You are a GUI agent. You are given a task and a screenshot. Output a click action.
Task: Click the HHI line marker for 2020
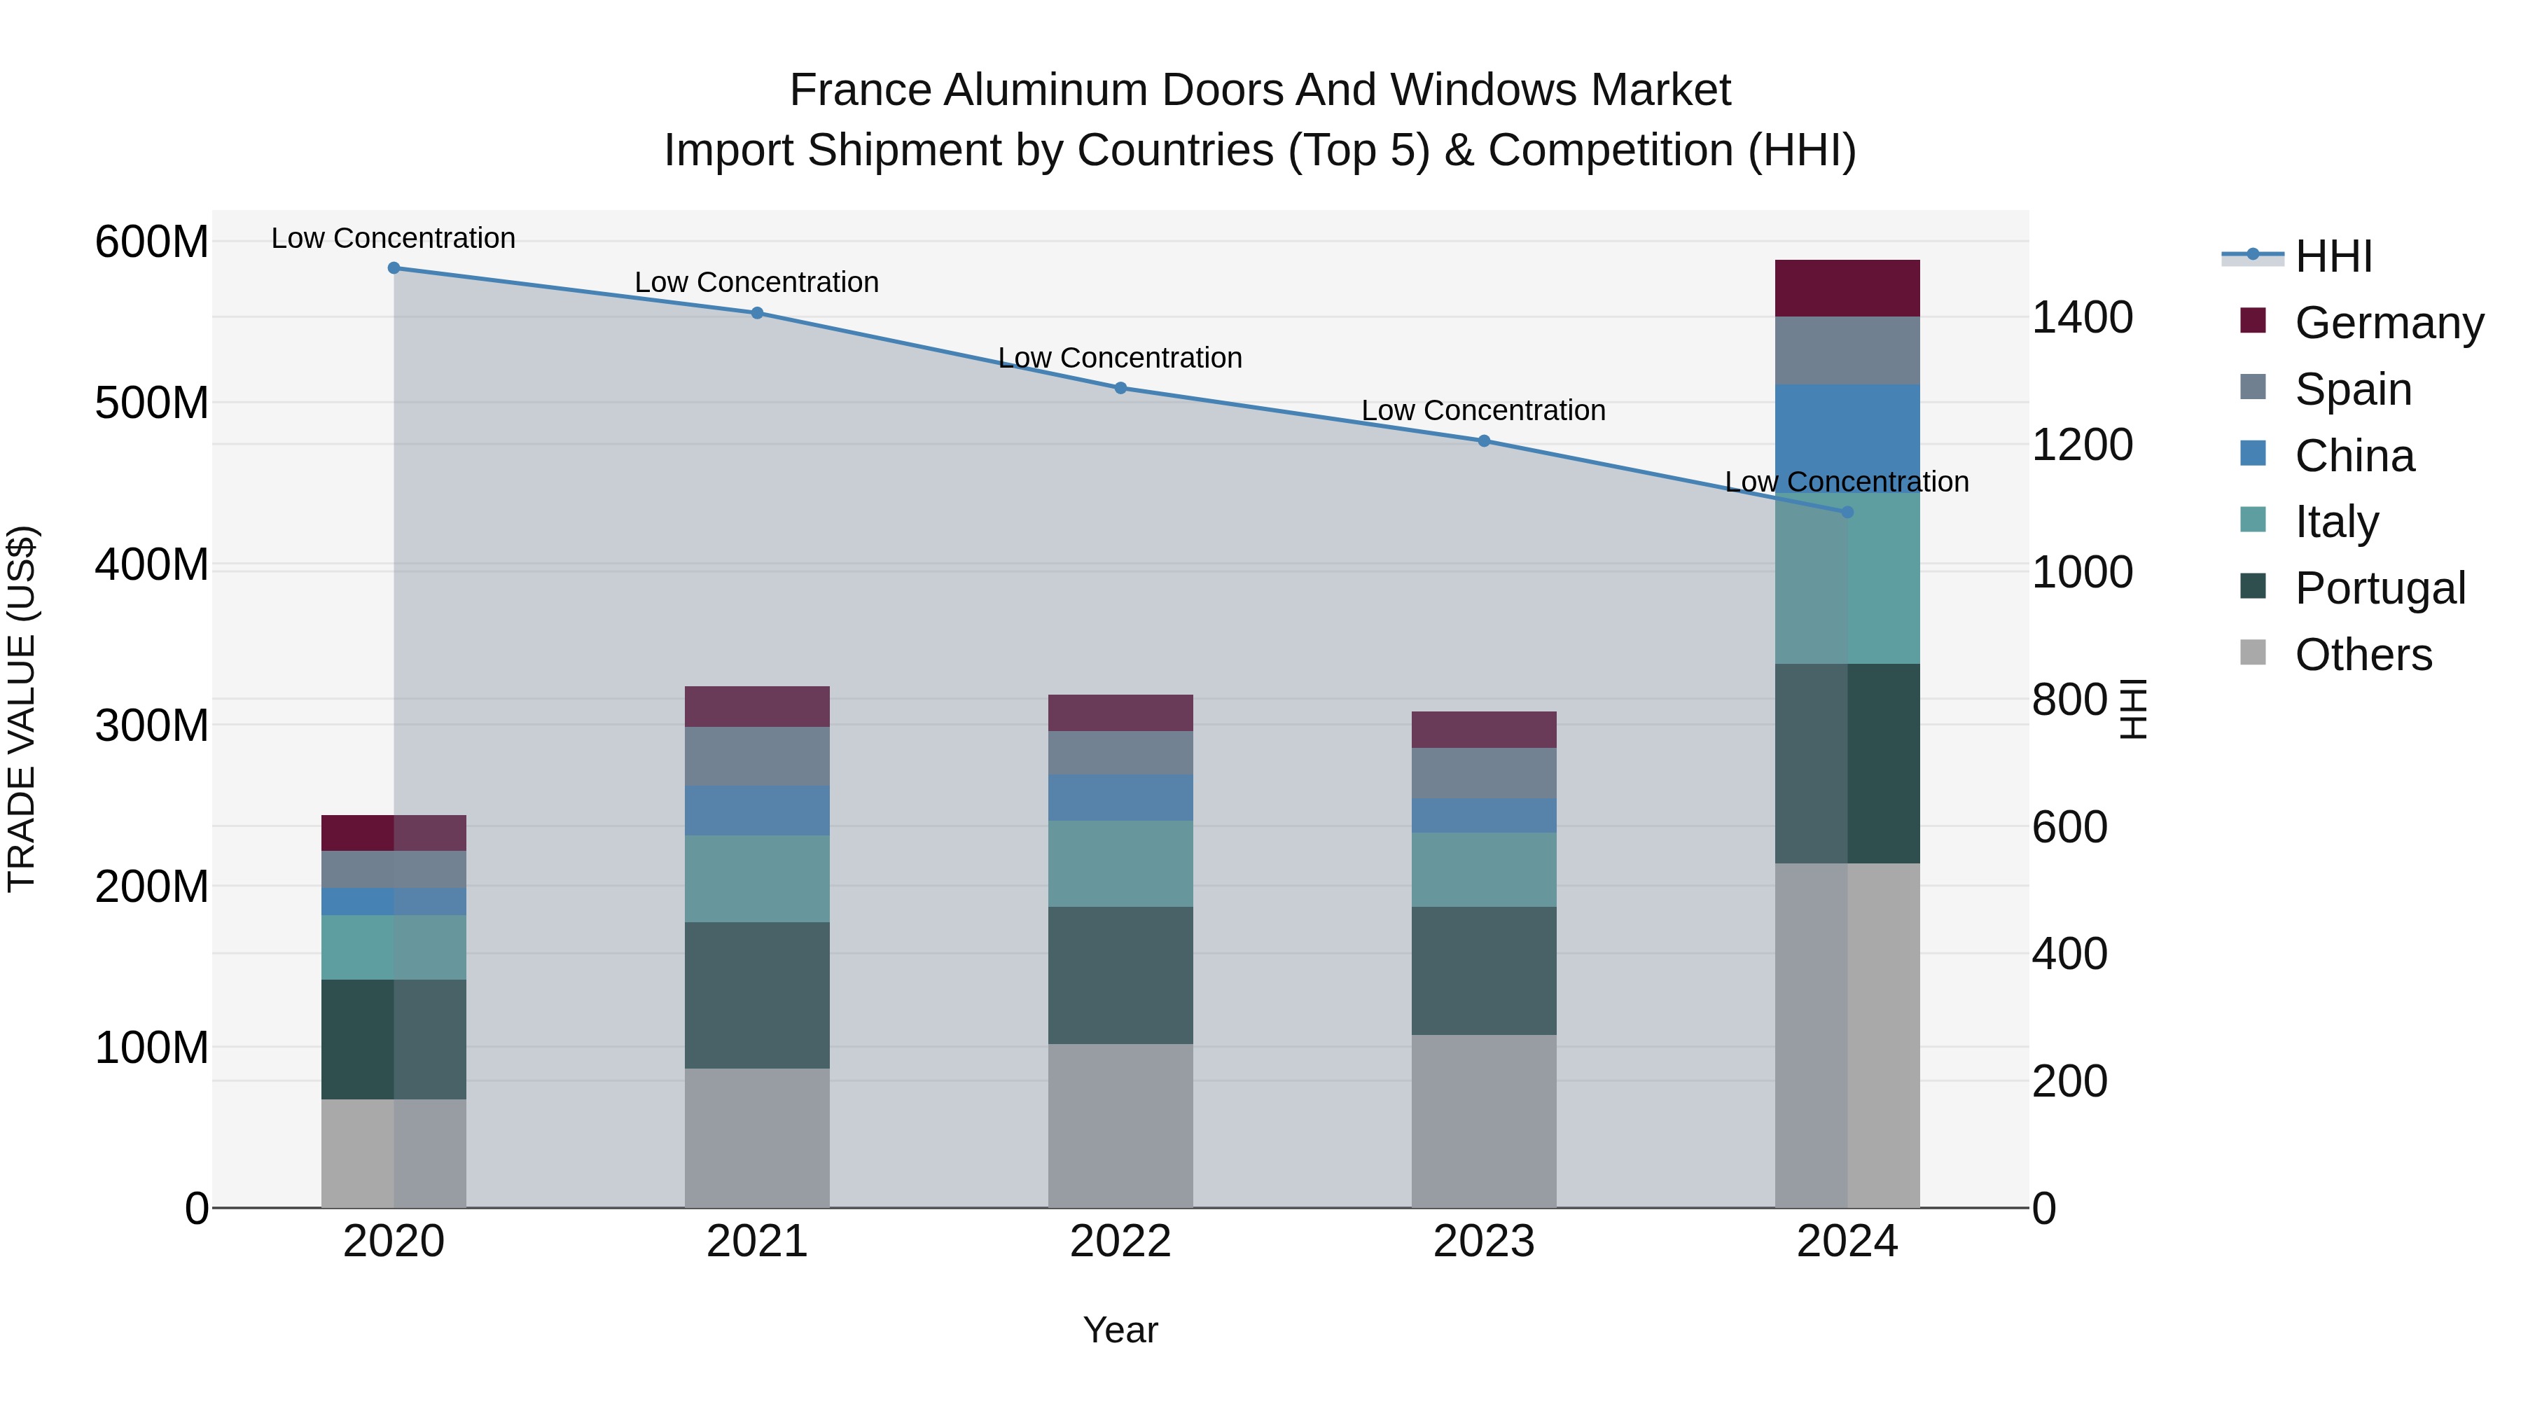coord(394,267)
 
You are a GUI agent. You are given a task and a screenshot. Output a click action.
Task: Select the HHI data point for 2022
coord(1120,387)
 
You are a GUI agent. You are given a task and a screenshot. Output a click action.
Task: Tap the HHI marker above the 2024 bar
coord(1847,512)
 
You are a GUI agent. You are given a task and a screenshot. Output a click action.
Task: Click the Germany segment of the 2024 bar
coord(1847,288)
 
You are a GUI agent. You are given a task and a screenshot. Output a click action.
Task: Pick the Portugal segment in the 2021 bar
coord(756,994)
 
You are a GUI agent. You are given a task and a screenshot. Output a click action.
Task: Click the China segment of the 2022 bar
coord(1120,797)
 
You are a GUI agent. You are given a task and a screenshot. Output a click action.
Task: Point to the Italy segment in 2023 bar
coord(1484,869)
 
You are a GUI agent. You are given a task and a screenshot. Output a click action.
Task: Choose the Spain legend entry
coord(2353,389)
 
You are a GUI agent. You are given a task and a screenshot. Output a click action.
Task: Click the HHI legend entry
coord(2333,256)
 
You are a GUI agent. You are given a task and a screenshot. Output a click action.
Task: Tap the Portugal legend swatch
coord(2252,586)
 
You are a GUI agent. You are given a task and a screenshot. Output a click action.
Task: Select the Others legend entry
coord(2363,654)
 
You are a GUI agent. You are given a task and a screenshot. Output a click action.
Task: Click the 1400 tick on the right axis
coord(2082,317)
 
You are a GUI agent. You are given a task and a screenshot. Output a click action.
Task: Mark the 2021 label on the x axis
coord(756,1241)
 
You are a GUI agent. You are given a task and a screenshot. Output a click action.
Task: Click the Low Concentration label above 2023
coord(1484,410)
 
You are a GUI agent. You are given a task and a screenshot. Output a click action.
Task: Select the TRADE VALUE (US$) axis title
coord(22,709)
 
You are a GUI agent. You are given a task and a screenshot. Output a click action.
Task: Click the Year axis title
coord(1120,1330)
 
